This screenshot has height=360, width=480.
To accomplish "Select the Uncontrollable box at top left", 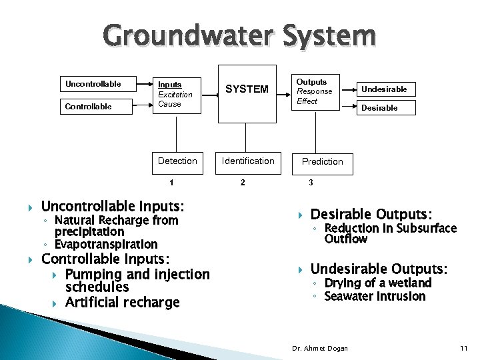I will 98,85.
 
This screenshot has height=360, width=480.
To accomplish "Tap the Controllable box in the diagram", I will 98,107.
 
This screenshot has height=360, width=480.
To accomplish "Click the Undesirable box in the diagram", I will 384,89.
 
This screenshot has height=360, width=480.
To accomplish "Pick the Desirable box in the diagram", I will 384,107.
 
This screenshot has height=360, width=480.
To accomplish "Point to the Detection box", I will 177,161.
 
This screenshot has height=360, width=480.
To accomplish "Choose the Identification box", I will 248,161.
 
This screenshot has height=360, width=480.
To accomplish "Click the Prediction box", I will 323,161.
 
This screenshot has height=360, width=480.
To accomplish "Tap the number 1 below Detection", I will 171,183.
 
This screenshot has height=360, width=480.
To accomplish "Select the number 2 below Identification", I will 243,183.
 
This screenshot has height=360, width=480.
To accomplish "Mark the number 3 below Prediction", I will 311,183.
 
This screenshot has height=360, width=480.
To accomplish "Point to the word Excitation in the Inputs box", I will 175,95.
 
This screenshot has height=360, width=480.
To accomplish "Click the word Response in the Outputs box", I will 314,91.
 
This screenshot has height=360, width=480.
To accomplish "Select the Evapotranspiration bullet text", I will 106,245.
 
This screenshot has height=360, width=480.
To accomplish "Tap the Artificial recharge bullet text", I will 123,303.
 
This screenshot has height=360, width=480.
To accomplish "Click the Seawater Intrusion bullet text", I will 375,297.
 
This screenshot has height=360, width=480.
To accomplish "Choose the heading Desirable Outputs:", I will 371,215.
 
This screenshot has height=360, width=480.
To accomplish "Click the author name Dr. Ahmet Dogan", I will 321,349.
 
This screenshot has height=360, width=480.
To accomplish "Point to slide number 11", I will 464,349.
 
